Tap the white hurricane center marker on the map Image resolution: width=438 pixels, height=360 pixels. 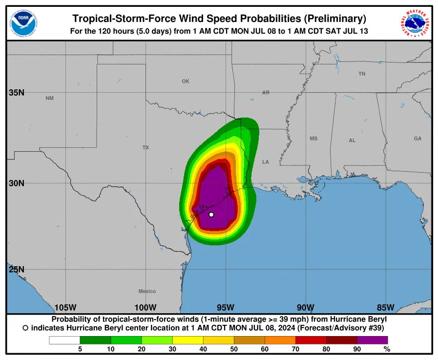[x=211, y=215]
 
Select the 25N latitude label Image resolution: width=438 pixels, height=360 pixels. [x=17, y=269]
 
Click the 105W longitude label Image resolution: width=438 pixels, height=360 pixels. [x=65, y=307]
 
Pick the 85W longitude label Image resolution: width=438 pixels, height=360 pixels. [x=385, y=307]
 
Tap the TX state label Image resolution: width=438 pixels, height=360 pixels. [x=146, y=147]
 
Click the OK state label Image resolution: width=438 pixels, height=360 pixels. [x=186, y=81]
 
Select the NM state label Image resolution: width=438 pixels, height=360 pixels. [x=50, y=99]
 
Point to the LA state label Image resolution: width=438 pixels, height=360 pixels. [x=266, y=162]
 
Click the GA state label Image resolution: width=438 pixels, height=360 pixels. [x=417, y=139]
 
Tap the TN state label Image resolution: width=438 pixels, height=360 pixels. [x=362, y=74]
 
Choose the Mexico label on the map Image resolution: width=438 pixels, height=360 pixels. [x=147, y=291]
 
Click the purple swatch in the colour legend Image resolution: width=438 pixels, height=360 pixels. [x=372, y=340]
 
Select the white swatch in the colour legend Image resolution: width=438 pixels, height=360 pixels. [x=64, y=340]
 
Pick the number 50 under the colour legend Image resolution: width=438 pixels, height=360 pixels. [x=234, y=349]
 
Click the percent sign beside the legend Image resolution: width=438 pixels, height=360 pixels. [x=387, y=349]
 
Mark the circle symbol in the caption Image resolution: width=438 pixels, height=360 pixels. [x=25, y=328]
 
